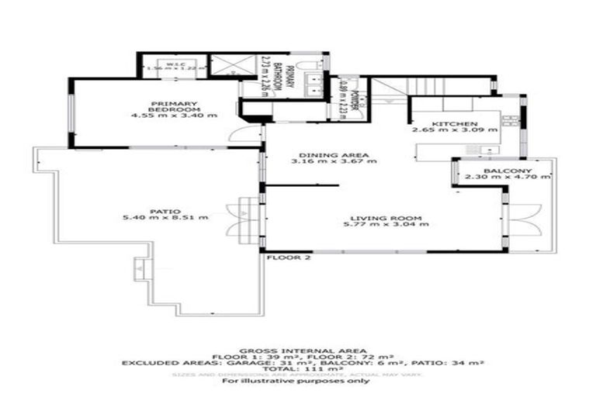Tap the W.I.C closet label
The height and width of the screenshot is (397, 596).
click(173, 63)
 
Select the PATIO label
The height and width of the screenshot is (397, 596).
click(165, 211)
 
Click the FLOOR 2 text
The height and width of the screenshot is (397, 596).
click(288, 258)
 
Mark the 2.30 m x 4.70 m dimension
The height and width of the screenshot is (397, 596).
click(507, 178)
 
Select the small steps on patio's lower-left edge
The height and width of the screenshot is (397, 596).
click(140, 268)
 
